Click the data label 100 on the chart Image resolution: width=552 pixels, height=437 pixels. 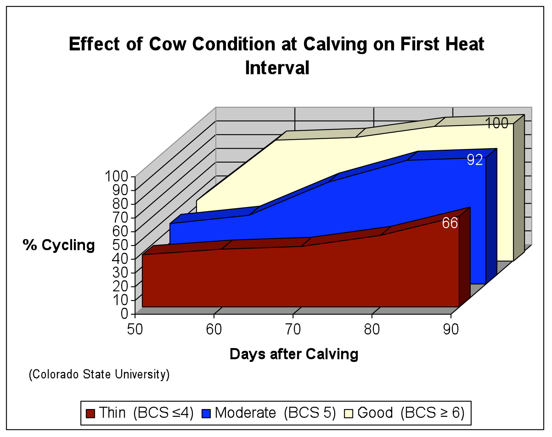[x=497, y=123]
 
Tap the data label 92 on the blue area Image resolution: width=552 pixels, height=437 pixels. [x=475, y=160]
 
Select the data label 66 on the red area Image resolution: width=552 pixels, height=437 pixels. [x=450, y=223]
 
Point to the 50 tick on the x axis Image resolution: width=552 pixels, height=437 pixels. [x=135, y=329]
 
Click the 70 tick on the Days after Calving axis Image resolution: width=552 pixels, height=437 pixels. [x=293, y=329]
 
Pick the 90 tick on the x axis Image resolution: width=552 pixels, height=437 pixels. [x=451, y=329]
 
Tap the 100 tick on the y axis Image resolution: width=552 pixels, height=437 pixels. [x=116, y=177]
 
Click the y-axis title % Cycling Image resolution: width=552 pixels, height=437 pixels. [x=59, y=245]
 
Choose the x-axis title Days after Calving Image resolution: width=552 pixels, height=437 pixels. [x=294, y=354]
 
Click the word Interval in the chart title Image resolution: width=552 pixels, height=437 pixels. [x=277, y=68]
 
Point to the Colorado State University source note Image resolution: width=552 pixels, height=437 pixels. [x=99, y=374]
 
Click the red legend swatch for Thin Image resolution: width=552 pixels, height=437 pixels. [x=90, y=413]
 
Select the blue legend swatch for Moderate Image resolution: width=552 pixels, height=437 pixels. [x=206, y=413]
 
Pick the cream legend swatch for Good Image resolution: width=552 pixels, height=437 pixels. [x=348, y=413]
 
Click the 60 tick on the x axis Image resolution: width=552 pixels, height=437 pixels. [x=214, y=329]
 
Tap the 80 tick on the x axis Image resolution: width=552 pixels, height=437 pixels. [x=372, y=329]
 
